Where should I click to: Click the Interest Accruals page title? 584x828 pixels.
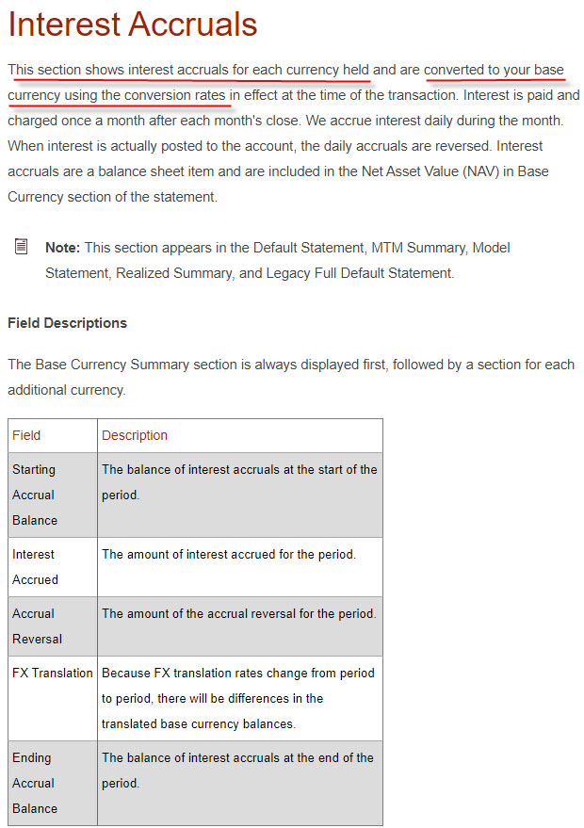(x=132, y=24)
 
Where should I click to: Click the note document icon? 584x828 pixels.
(x=22, y=247)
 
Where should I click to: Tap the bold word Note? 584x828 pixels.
(x=63, y=248)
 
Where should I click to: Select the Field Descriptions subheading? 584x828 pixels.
(x=67, y=323)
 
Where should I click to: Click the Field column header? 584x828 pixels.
(x=26, y=435)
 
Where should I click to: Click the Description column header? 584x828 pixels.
(x=135, y=435)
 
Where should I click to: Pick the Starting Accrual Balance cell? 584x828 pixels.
(x=35, y=495)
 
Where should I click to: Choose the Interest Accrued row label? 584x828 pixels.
(x=35, y=567)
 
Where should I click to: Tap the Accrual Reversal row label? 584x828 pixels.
(x=38, y=625)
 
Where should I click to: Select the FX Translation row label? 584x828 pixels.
(x=52, y=674)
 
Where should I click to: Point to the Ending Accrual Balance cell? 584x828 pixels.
(x=35, y=783)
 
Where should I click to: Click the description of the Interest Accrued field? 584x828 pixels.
(x=229, y=555)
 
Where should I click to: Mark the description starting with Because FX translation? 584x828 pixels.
(x=238, y=698)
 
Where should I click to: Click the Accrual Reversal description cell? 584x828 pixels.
(x=238, y=614)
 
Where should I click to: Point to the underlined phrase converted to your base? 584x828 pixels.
(x=494, y=70)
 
